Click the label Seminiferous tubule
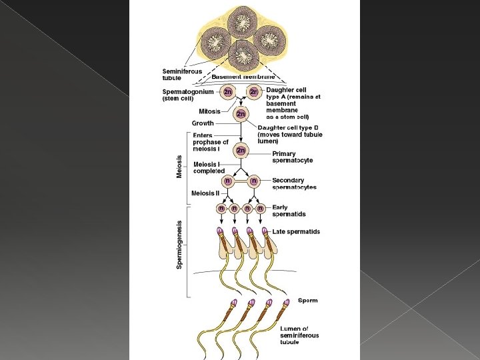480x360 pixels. pos(182,75)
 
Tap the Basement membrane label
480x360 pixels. pos(243,77)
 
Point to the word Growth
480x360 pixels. pos(203,123)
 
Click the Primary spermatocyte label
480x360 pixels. pos(292,157)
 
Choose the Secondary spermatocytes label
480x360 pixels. pos(294,184)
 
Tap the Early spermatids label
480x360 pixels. pos(288,211)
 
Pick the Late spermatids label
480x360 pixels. pos(296,232)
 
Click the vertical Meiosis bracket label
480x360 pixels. pos(179,166)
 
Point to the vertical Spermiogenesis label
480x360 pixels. pos(179,245)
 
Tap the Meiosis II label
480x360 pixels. pos(205,193)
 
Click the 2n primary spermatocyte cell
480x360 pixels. pos(241,151)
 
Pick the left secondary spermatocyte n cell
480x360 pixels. pos(228,181)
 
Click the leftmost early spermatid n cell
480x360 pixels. pos(221,208)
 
